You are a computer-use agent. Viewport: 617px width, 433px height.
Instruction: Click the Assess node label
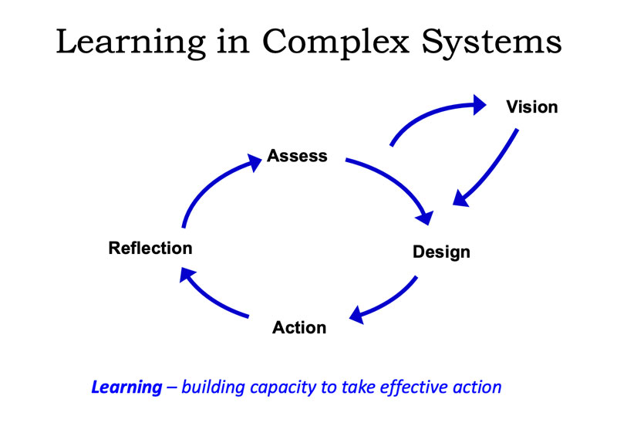pyautogui.click(x=297, y=156)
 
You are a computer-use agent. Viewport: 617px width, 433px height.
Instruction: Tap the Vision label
pyautogui.click(x=532, y=107)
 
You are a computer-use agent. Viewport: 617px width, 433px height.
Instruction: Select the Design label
pyautogui.click(x=441, y=252)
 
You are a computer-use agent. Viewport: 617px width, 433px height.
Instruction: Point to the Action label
pyautogui.click(x=299, y=327)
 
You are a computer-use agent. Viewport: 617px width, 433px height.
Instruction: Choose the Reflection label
pyautogui.click(x=150, y=248)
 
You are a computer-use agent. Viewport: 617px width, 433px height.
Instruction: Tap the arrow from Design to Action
pyautogui.click(x=388, y=303)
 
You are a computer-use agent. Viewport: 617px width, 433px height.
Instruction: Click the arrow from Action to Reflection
pyautogui.click(x=208, y=298)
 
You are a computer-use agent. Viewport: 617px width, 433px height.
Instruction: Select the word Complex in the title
pyautogui.click(x=335, y=42)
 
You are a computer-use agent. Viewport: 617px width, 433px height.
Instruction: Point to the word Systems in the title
pyautogui.click(x=492, y=42)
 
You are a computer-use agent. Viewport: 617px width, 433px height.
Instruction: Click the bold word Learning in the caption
pyautogui.click(x=126, y=387)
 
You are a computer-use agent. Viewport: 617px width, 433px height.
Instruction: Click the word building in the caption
pyautogui.click(x=213, y=387)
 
